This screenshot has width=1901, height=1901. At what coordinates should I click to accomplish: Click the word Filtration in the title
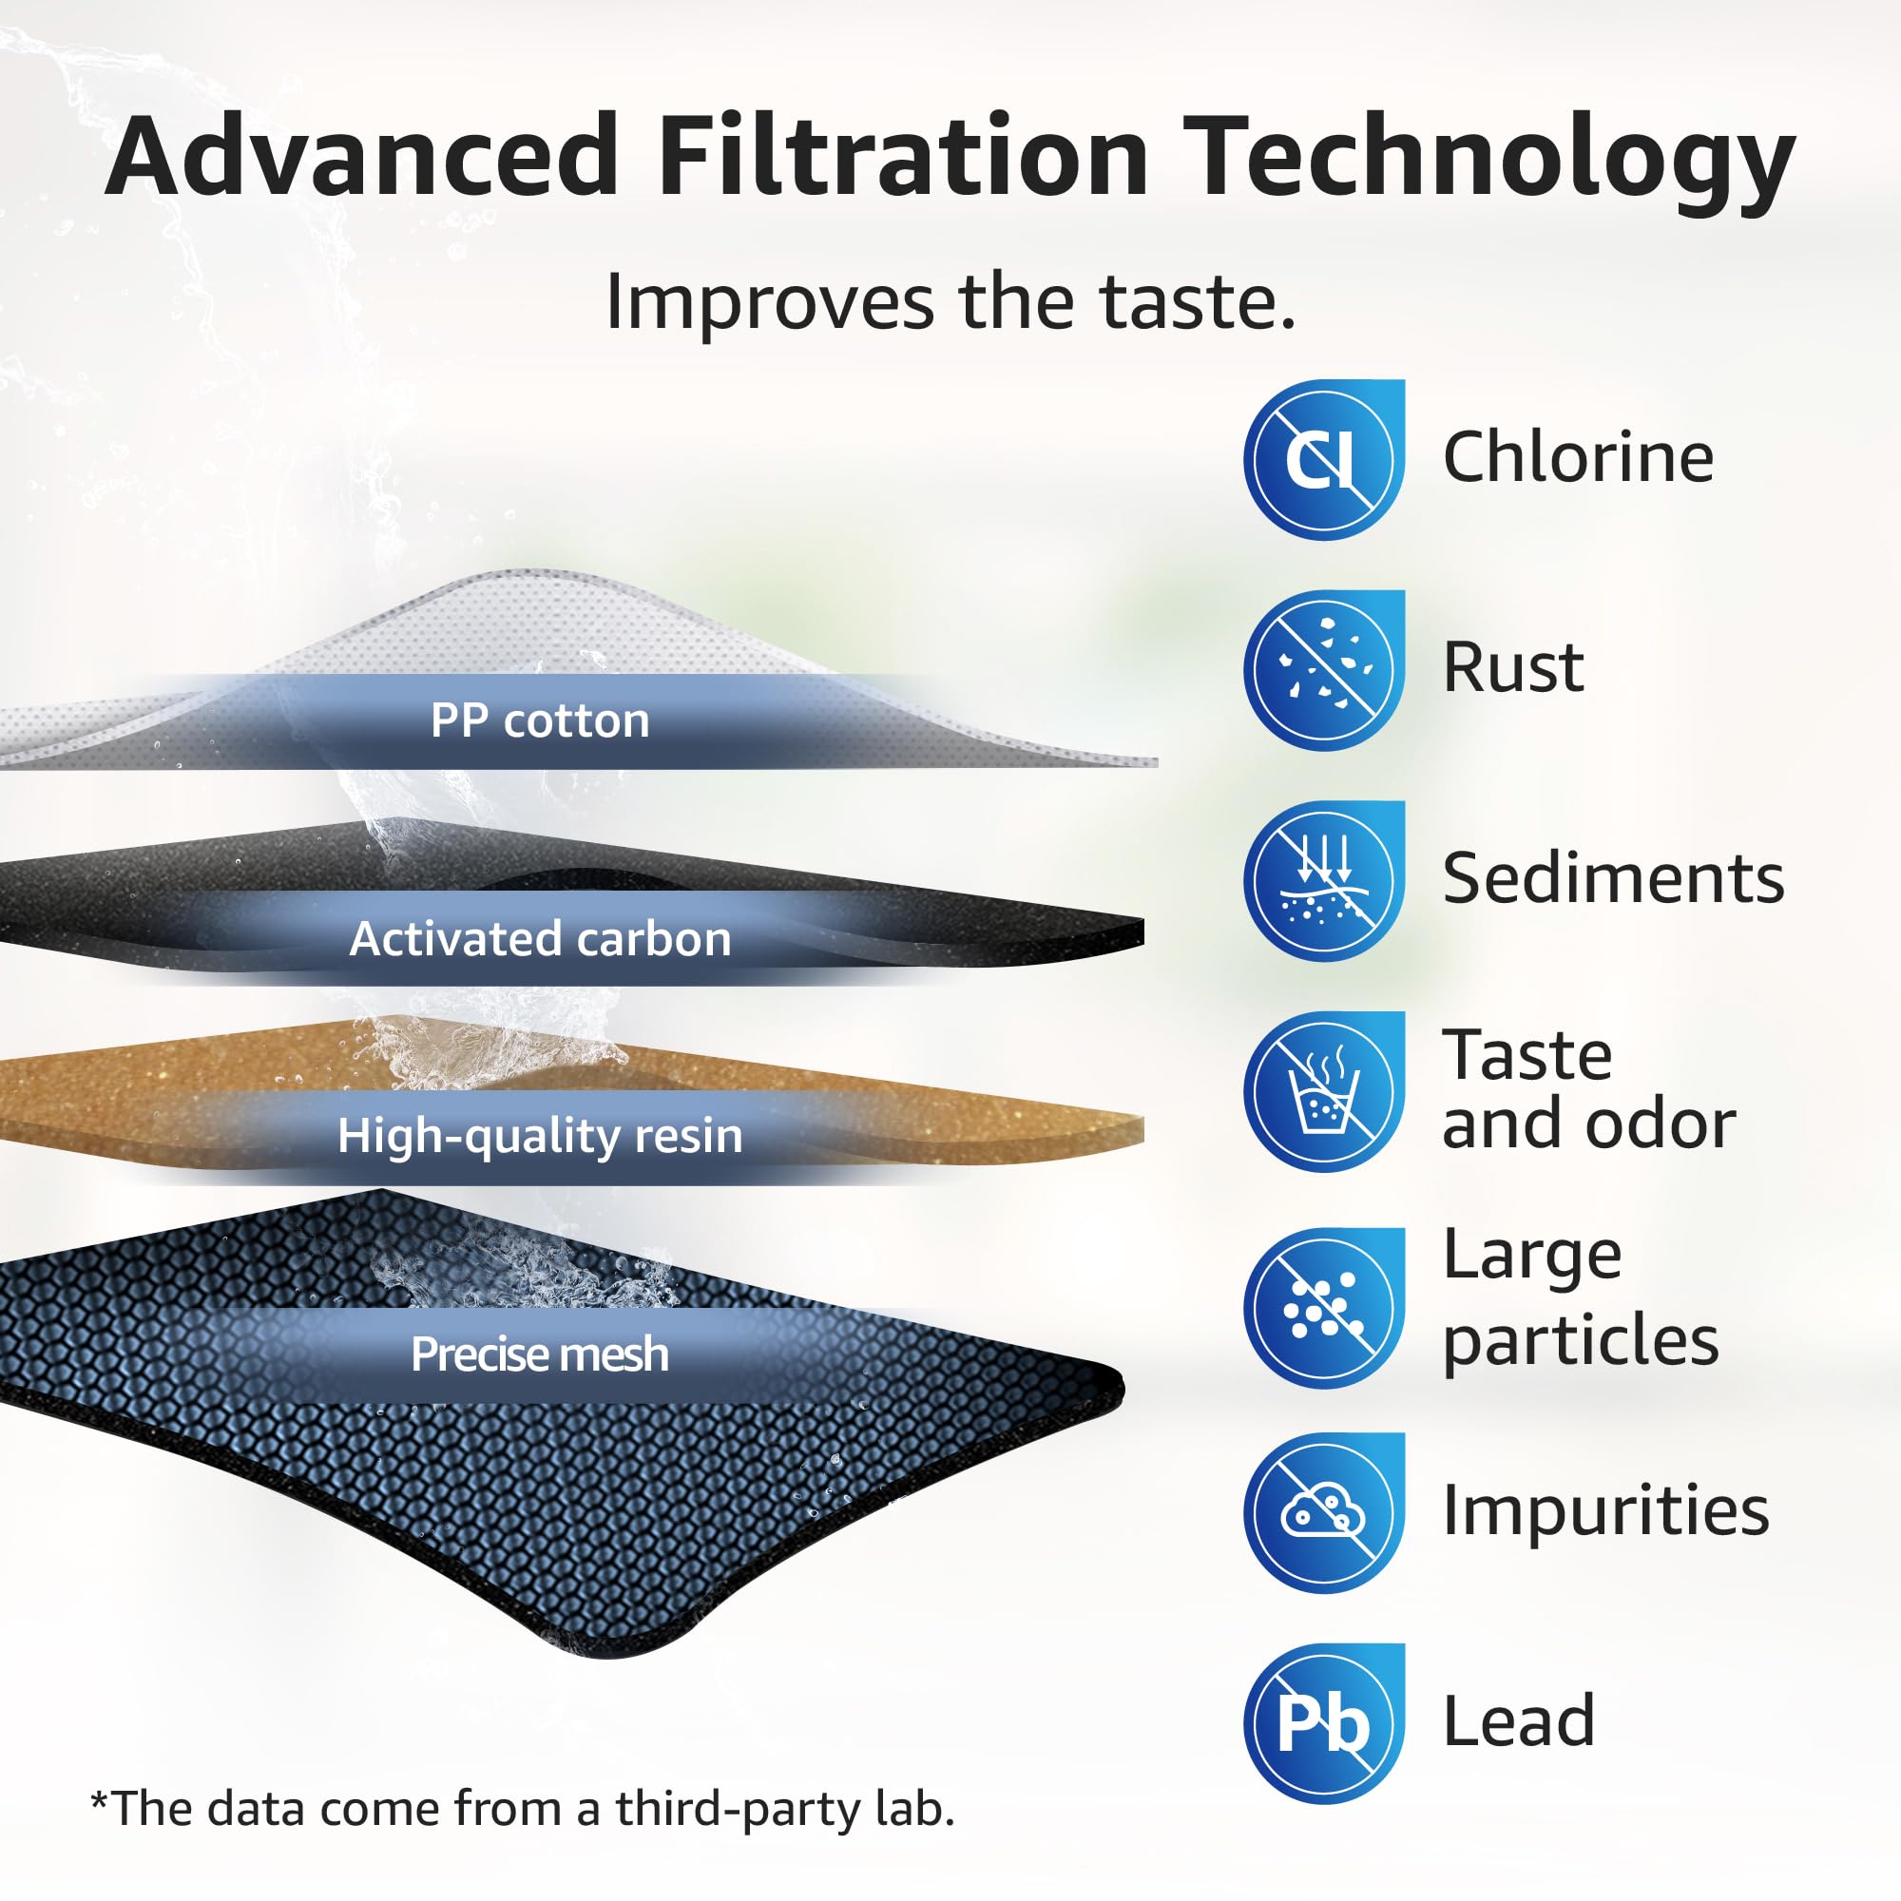point(902,158)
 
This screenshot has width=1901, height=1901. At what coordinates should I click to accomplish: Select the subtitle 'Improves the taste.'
point(950,301)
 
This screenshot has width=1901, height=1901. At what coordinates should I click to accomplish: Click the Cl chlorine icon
point(1323,459)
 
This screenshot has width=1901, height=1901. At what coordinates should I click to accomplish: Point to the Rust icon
point(1323,670)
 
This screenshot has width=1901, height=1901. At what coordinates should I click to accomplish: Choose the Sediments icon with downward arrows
point(1323,881)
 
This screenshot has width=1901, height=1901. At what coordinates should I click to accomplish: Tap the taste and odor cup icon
point(1323,1091)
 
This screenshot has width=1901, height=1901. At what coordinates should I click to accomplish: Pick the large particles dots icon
point(1323,1308)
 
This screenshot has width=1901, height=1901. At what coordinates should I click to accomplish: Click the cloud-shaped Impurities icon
point(1323,1513)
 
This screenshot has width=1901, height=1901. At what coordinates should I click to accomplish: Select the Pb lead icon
point(1323,1724)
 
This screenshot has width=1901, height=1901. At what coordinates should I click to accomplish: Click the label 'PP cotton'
point(539,721)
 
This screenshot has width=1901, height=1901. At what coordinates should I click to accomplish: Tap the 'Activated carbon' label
point(539,939)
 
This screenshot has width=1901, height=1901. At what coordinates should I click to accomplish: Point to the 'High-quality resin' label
point(539,1136)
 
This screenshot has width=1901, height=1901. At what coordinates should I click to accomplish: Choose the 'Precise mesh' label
point(539,1354)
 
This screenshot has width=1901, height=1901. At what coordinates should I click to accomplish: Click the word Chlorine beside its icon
point(1577,457)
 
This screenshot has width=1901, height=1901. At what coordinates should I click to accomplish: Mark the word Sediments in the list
point(1613,877)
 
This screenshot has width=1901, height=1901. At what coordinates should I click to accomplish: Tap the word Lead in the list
point(1518,1722)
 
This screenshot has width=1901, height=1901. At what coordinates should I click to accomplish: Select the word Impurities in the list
point(1604,1510)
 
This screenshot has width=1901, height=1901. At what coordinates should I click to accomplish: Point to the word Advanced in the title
point(361,158)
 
